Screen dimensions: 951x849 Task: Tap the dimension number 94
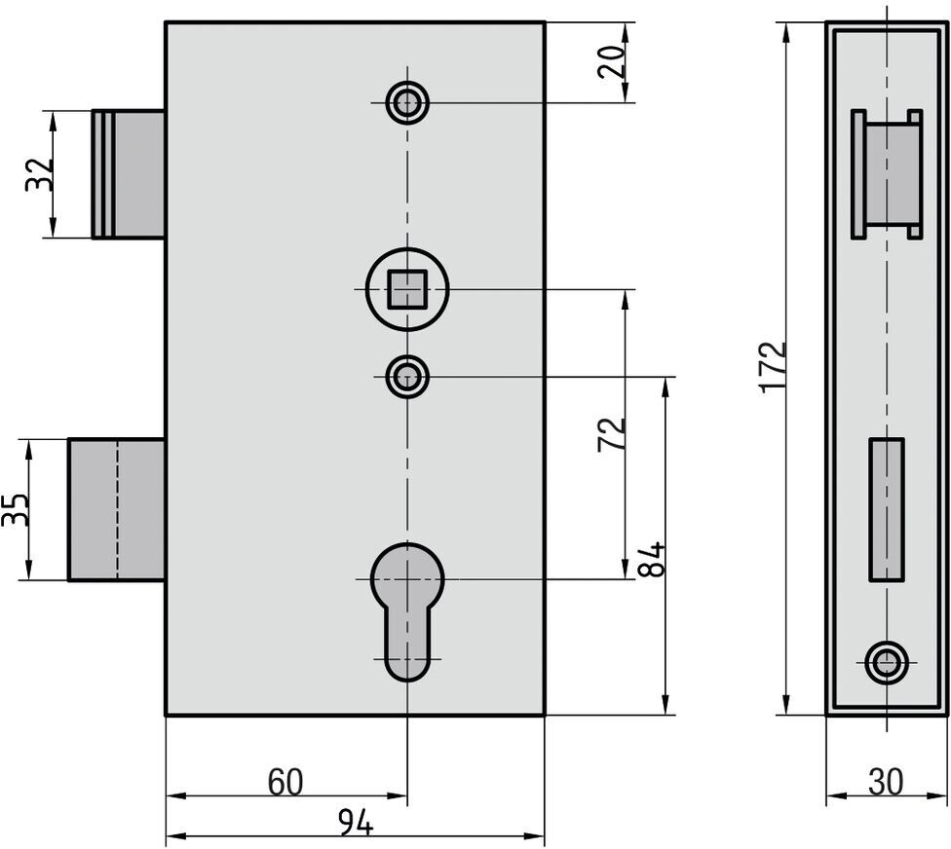(356, 824)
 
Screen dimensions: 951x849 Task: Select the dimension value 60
(285, 782)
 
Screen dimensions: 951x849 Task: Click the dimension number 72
(612, 434)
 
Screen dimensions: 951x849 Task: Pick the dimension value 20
(612, 61)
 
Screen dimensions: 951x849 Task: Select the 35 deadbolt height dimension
(16, 509)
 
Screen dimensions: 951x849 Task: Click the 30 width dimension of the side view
(885, 781)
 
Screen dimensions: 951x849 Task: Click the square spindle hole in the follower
(407, 289)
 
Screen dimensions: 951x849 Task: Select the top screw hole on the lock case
(407, 101)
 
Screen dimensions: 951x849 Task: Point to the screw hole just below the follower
(407, 377)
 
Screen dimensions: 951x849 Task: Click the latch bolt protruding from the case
(129, 174)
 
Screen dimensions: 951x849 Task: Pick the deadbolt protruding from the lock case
(116, 509)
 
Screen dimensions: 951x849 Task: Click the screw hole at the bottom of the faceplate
(887, 663)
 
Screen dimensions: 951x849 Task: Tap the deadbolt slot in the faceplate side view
(886, 509)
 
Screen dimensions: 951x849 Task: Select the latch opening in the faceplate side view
(888, 174)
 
